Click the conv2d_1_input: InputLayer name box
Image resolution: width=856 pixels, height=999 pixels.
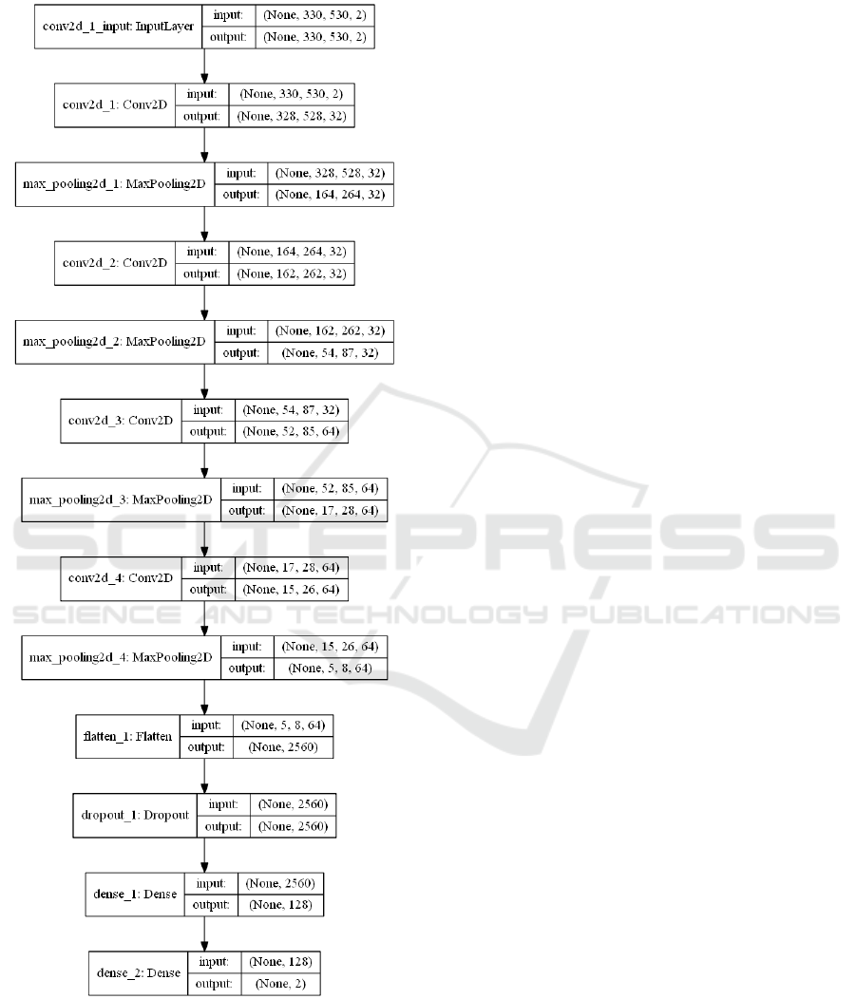(119, 27)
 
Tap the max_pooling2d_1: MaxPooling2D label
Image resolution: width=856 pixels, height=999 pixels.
(116, 184)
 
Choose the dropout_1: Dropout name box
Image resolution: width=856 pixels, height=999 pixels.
(134, 816)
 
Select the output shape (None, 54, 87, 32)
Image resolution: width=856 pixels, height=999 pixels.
(322, 352)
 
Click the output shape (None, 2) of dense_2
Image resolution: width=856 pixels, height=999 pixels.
(280, 985)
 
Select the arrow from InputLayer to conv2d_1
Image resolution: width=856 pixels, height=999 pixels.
(205, 66)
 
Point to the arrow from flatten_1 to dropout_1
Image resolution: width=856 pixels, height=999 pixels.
(205, 776)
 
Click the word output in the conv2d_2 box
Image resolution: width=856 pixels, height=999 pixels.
(200, 273)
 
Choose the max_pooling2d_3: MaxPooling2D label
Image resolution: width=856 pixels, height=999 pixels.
(121, 499)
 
